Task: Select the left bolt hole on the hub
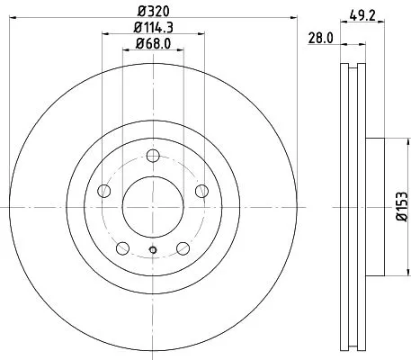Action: coord(104,192)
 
